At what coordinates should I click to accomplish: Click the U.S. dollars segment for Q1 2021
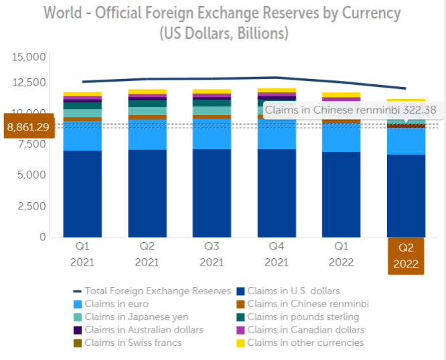click(82, 194)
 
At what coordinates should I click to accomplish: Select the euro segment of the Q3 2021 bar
click(212, 134)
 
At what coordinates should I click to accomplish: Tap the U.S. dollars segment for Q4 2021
click(277, 193)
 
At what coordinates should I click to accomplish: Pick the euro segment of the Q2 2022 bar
click(406, 141)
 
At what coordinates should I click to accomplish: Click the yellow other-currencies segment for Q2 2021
click(147, 92)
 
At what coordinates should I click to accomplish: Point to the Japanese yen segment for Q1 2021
click(82, 113)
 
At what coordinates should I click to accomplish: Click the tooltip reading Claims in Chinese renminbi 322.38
click(353, 110)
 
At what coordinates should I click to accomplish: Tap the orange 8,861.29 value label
click(29, 126)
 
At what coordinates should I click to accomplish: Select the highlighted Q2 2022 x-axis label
click(406, 256)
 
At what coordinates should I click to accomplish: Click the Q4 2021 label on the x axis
click(277, 254)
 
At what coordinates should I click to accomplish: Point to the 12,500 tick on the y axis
click(29, 82)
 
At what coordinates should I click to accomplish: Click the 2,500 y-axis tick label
click(31, 206)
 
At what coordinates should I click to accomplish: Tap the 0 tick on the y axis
click(42, 237)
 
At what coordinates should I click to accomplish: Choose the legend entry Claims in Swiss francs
click(127, 343)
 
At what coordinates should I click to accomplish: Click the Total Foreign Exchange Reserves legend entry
click(152, 291)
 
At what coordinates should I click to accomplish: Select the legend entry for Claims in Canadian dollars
click(301, 330)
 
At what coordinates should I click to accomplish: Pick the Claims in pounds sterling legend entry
click(298, 317)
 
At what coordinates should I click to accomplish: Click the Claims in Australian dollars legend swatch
click(78, 330)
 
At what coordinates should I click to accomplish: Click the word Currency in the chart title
click(371, 13)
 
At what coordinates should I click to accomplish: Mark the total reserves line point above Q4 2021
click(277, 77)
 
